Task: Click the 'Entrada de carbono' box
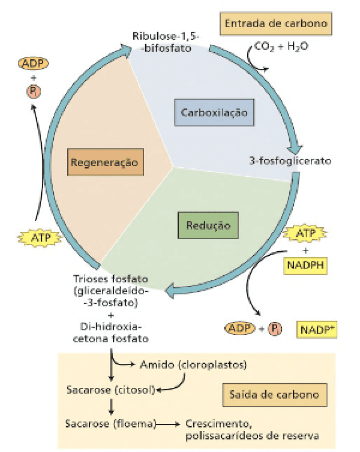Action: [276, 25]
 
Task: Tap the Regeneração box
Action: [106, 162]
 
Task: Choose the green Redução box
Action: [208, 226]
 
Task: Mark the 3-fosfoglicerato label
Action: [290, 161]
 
